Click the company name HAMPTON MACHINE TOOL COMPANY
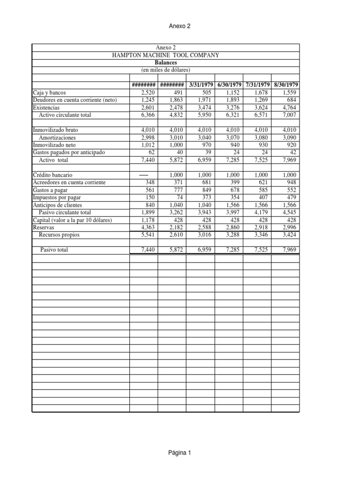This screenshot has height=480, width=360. [x=165, y=55]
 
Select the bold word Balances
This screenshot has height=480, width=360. [x=165, y=62]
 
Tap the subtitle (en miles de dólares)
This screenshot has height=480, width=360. [x=165, y=69]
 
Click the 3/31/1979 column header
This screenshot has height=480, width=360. [x=201, y=85]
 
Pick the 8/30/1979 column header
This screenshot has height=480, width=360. [x=285, y=85]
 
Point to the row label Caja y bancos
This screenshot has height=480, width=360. [x=50, y=92]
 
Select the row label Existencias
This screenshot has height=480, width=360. [x=46, y=107]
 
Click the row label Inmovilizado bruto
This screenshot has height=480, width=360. [x=52, y=129]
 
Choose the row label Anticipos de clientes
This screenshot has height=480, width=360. [x=59, y=205]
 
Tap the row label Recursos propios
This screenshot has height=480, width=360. [x=59, y=234]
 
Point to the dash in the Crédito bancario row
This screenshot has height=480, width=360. [x=148, y=174]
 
